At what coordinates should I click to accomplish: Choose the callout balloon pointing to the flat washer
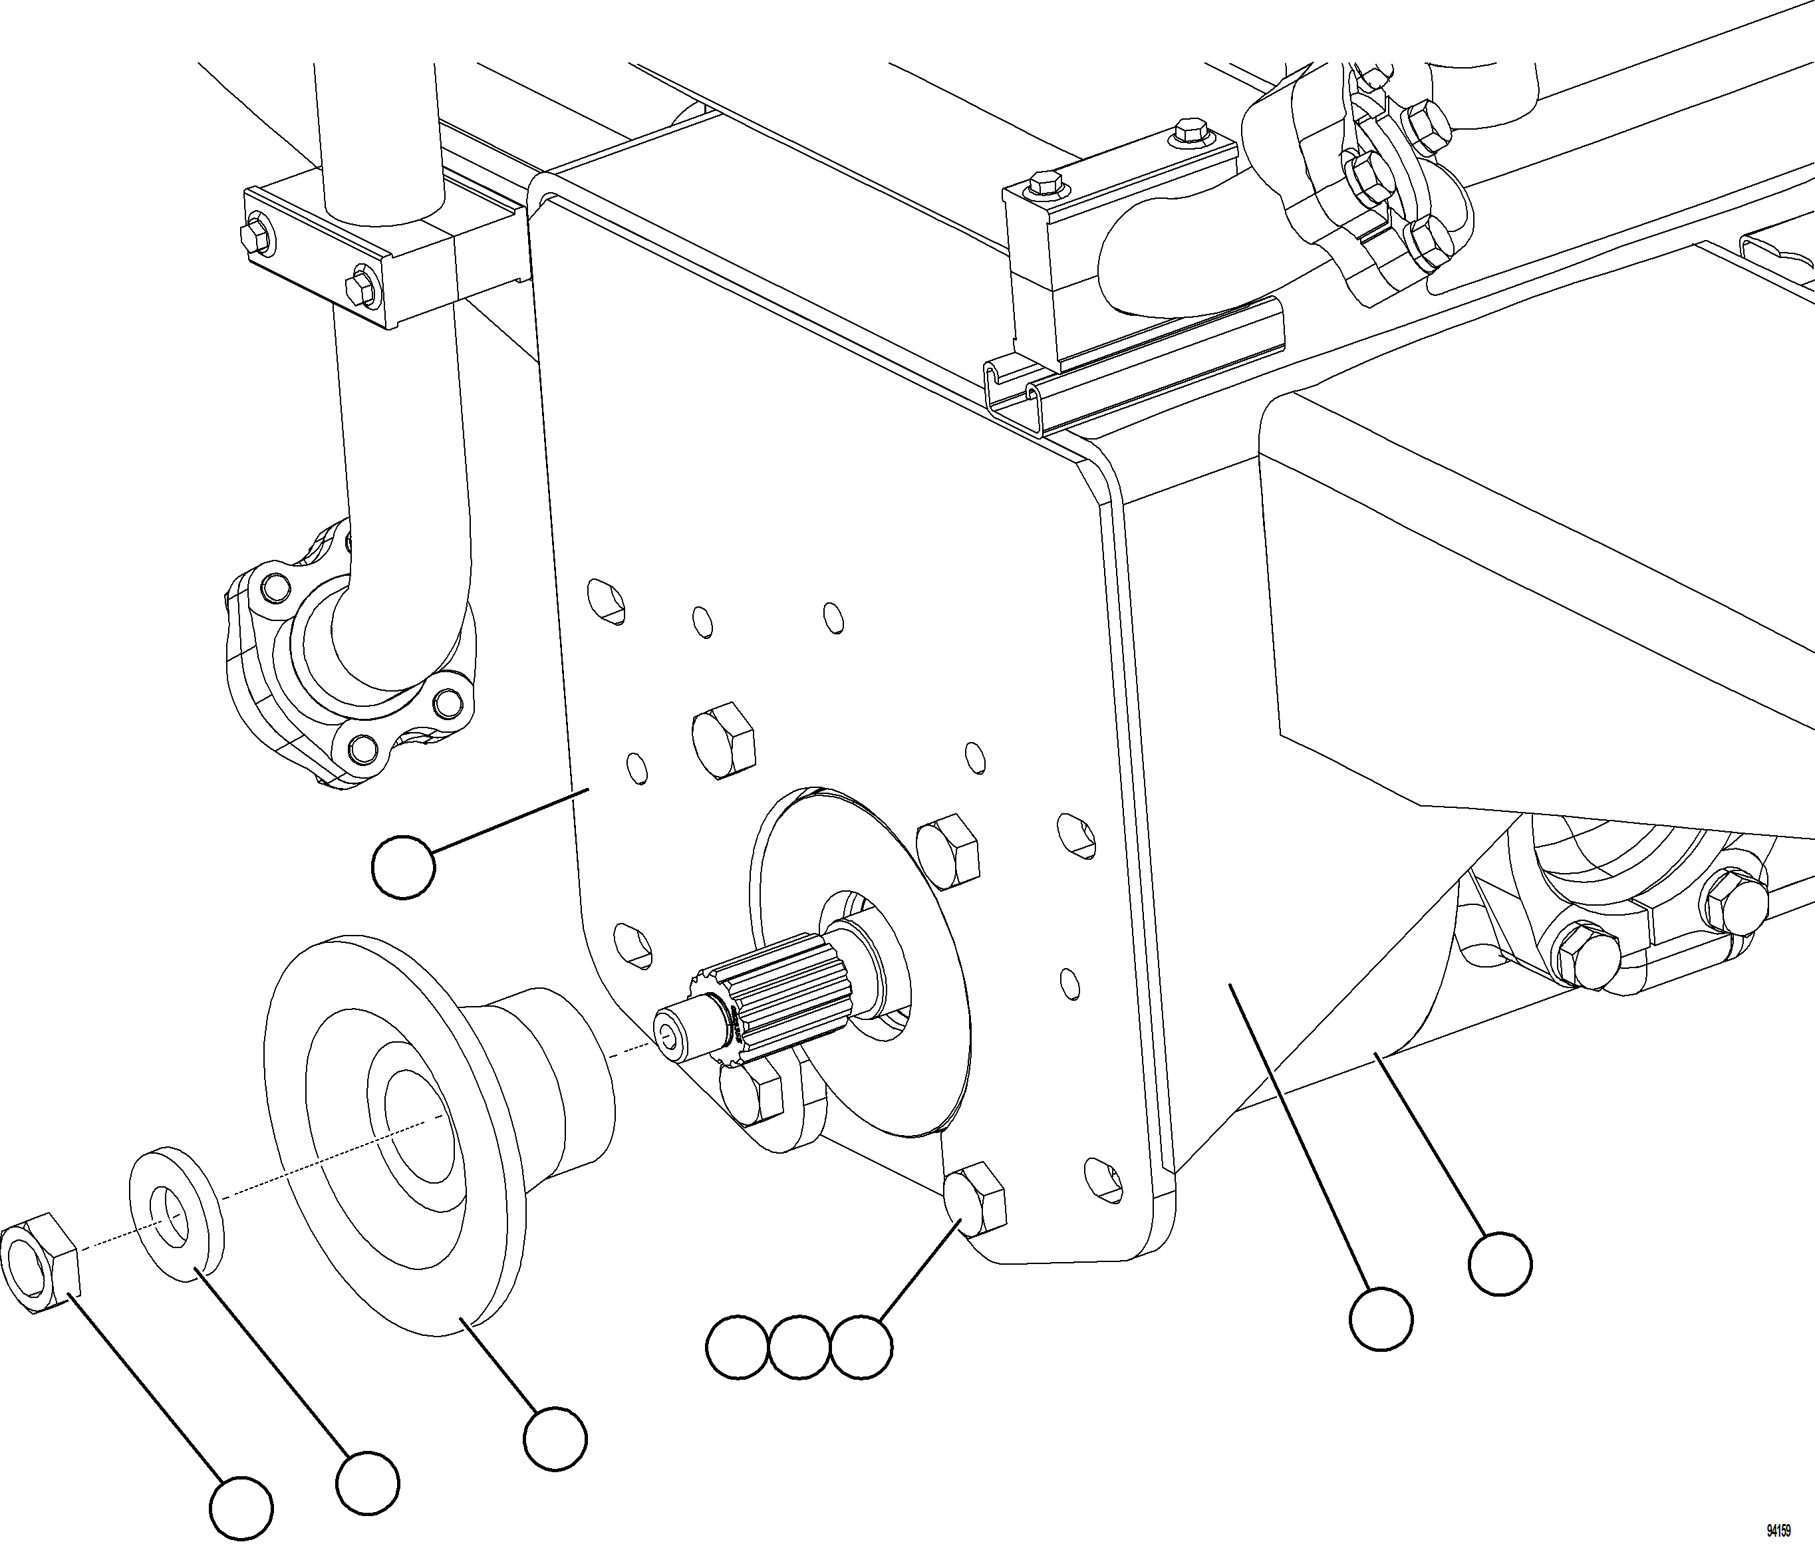368,1483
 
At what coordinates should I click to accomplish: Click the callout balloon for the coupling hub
555,1439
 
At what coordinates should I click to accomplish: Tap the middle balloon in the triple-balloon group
800,1347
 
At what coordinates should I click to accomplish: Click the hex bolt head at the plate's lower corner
976,1199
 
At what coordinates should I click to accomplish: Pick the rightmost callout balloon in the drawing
1500,1264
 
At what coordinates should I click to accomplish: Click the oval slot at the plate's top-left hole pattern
606,600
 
